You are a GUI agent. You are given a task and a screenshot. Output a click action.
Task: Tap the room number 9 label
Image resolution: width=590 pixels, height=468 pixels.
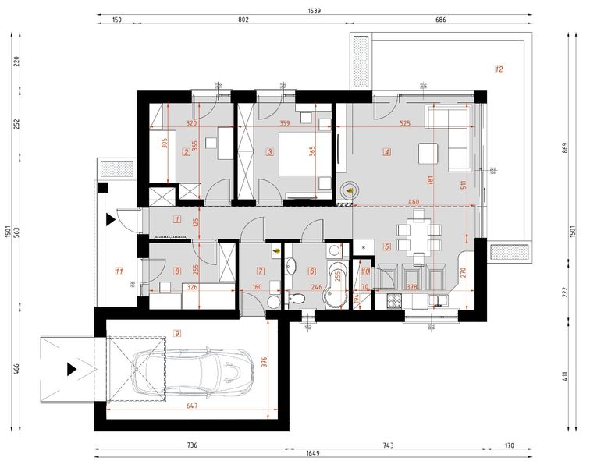click(178, 333)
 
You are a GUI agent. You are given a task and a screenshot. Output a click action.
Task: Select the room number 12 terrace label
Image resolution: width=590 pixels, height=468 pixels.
click(499, 69)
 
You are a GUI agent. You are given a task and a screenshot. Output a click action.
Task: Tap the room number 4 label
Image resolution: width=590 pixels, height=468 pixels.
click(387, 152)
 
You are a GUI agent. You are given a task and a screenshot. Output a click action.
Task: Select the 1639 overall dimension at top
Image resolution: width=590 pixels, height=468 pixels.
click(315, 11)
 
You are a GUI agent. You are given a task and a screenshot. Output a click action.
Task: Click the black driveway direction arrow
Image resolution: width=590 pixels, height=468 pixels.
click(73, 368)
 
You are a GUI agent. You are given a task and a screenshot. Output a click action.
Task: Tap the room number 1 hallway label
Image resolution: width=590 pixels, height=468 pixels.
click(178, 219)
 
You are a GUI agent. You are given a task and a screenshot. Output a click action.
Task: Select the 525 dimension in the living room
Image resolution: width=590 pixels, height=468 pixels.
click(404, 122)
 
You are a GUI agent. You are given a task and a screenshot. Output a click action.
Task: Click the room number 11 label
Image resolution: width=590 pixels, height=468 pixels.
click(119, 271)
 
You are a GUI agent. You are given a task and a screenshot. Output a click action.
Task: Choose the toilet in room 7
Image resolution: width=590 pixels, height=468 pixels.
click(272, 302)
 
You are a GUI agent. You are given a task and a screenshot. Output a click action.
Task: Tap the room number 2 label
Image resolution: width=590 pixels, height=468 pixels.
click(186, 152)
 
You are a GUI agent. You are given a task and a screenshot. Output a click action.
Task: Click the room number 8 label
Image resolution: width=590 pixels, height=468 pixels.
click(178, 271)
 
